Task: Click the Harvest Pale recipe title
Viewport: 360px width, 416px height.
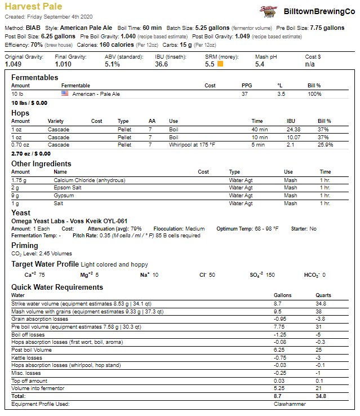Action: [33, 7]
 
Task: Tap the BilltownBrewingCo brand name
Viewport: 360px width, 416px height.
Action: [319, 11]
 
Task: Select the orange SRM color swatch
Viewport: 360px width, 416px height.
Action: [220, 64]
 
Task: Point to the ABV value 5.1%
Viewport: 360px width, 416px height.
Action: [112, 64]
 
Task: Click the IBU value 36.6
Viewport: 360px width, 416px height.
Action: [161, 64]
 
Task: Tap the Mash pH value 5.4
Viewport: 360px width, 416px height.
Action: [260, 64]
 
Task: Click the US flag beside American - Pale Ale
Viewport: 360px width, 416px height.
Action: [65, 94]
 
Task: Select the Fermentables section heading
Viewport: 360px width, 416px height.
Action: [34, 77]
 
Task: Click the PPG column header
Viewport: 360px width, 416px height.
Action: [247, 86]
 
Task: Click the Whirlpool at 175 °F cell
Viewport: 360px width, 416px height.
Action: [193, 145]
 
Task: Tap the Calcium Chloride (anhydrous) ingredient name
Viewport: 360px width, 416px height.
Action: [89, 180]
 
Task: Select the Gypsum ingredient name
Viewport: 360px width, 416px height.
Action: [64, 196]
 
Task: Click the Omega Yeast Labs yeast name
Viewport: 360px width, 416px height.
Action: [69, 221]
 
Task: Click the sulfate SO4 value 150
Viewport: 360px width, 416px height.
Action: [270, 275]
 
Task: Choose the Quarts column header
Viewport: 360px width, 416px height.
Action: [323, 295]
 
